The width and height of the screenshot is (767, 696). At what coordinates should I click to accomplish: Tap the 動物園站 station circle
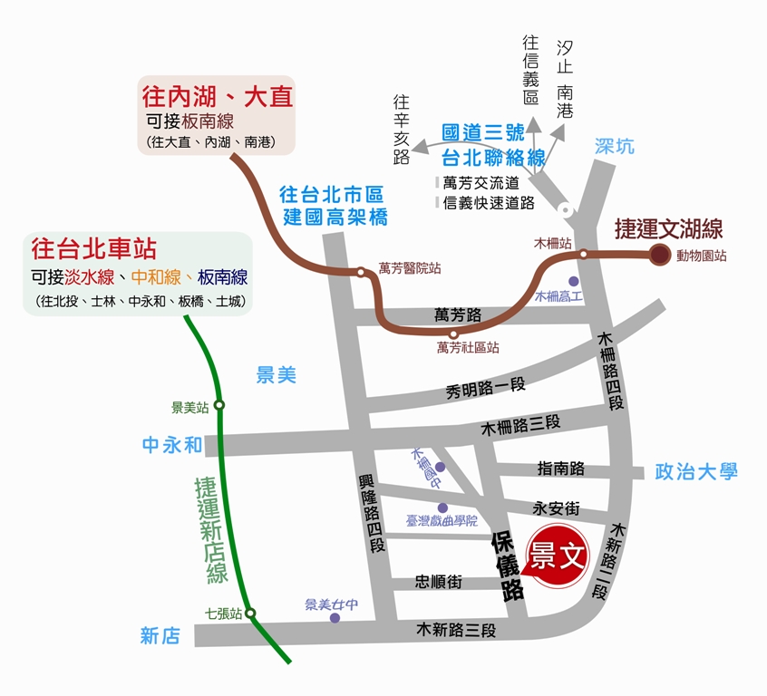(658, 255)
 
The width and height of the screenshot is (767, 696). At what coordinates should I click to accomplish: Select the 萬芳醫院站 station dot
(361, 272)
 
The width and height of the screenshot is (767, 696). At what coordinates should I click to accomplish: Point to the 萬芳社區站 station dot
(453, 333)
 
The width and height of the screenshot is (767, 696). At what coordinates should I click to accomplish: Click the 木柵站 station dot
(583, 254)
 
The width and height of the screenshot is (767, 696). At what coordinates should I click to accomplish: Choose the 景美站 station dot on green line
(218, 406)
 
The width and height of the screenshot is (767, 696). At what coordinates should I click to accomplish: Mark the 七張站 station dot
(251, 614)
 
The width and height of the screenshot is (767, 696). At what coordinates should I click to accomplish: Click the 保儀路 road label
(508, 567)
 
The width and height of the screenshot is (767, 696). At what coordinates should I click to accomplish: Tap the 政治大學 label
(696, 471)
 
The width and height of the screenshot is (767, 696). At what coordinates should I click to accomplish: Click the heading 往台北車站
(94, 247)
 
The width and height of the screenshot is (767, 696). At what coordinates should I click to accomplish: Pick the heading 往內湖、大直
(218, 96)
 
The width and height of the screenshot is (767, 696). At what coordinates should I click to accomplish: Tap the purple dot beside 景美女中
(335, 618)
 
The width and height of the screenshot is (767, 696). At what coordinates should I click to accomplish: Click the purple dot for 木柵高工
(573, 281)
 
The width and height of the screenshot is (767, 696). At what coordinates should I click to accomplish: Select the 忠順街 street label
(439, 582)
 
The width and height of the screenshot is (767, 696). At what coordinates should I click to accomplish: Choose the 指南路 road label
(560, 469)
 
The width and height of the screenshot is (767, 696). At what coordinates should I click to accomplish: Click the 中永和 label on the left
(172, 445)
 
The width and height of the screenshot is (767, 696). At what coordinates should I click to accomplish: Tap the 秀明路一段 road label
(486, 391)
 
